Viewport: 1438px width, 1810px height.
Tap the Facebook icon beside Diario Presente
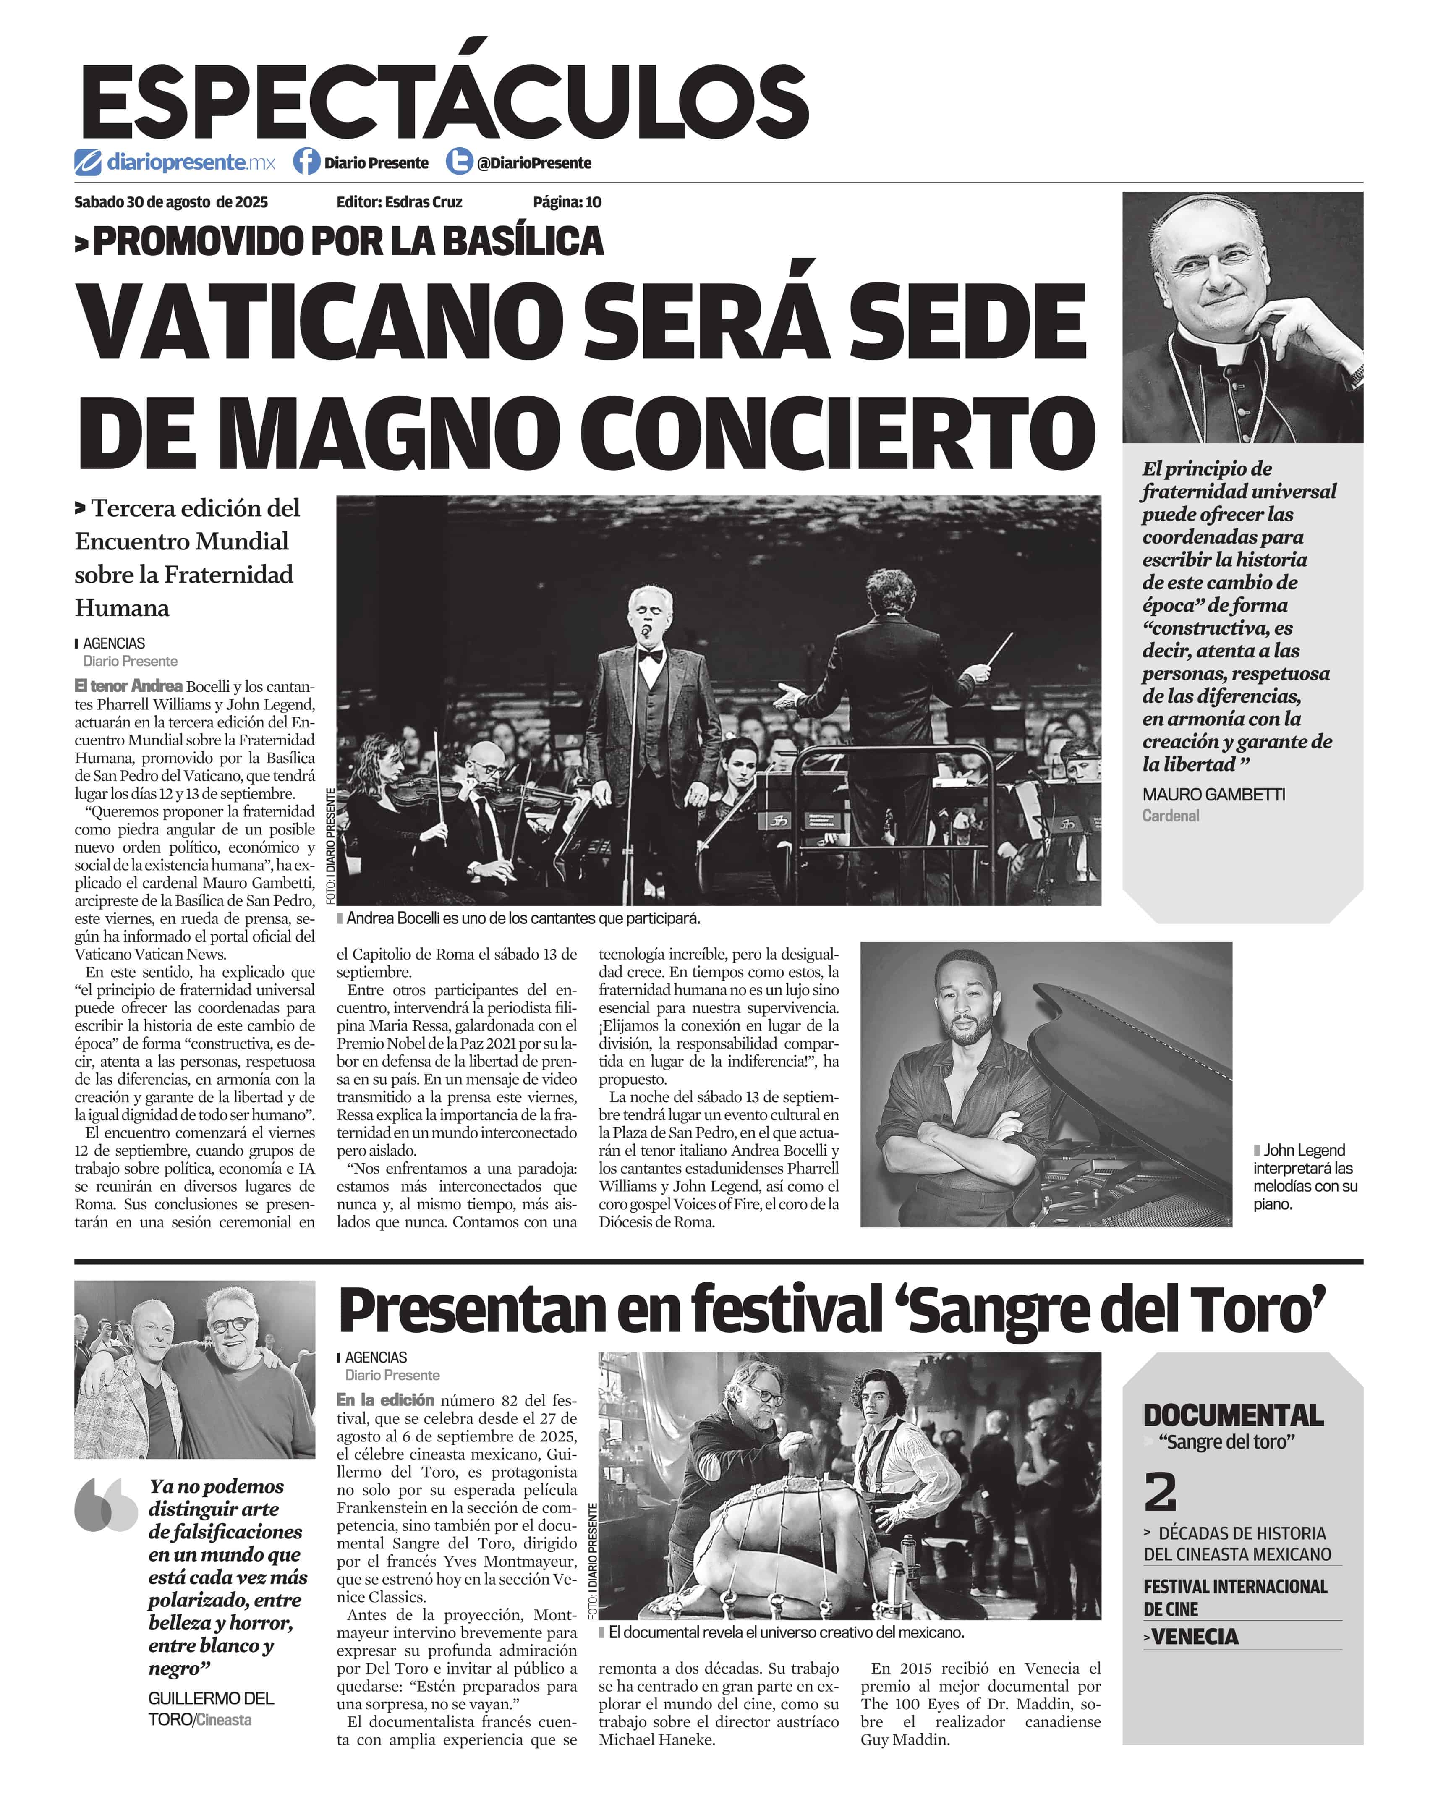(306, 161)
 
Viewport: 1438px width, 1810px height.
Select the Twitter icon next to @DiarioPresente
(458, 161)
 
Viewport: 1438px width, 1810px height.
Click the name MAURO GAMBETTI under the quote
(1213, 794)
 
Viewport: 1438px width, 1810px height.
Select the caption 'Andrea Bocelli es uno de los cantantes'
(522, 918)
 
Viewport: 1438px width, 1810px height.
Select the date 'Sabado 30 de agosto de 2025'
(171, 202)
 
